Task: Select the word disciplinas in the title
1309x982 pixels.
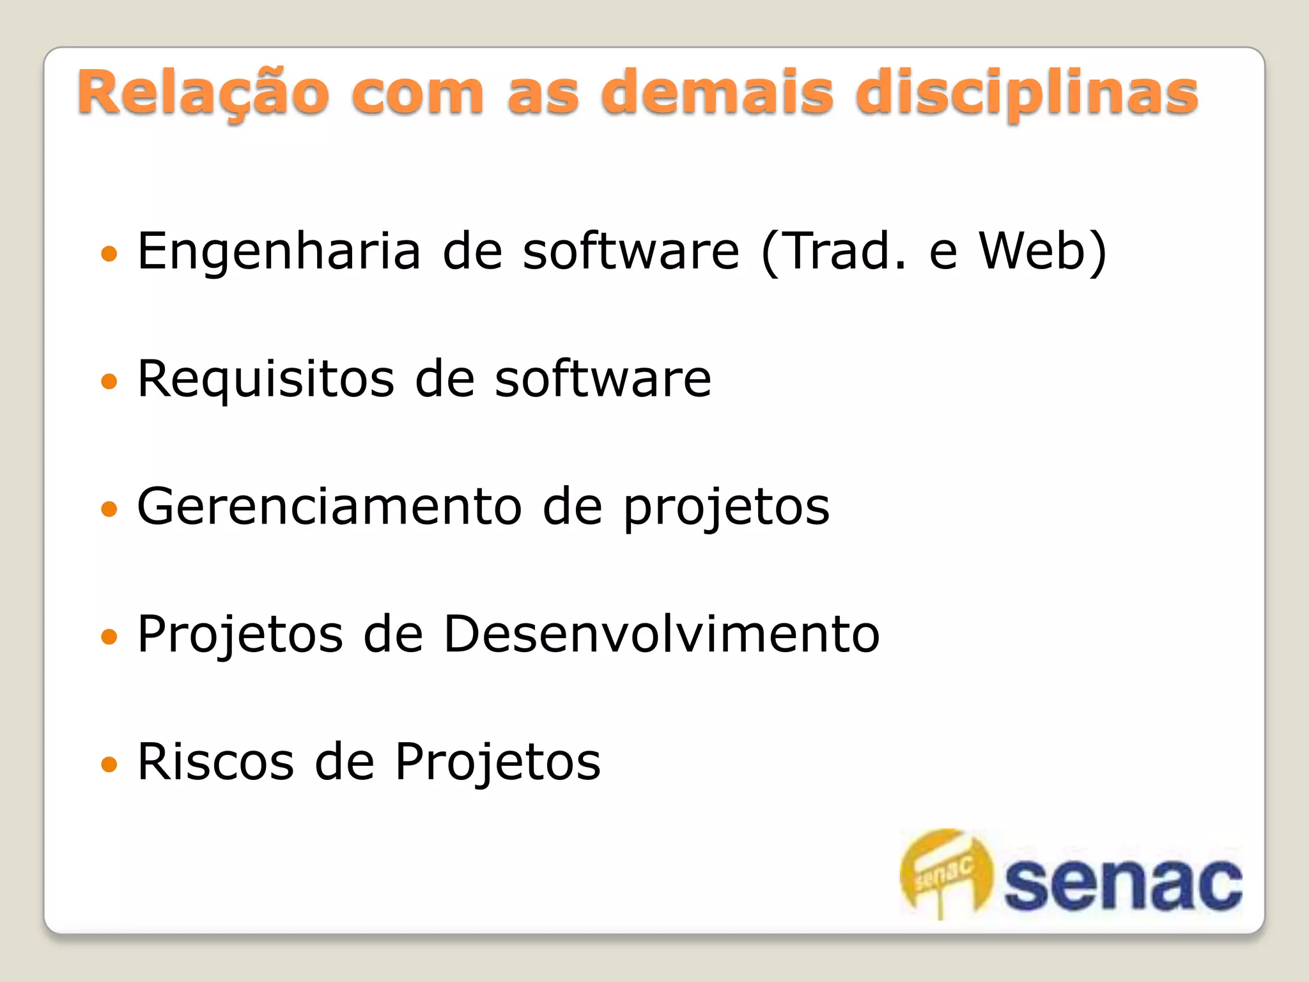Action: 1026,94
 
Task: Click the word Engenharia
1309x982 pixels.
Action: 279,251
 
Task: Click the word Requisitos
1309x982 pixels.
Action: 265,380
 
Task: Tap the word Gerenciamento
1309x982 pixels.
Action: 330,506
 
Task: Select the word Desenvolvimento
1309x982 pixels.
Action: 662,634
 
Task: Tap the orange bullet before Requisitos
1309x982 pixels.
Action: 109,382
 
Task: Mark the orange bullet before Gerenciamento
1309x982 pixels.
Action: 109,509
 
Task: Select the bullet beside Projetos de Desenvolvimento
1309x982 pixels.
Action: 109,637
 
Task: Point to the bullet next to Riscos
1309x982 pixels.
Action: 109,764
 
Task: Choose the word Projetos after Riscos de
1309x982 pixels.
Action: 498,761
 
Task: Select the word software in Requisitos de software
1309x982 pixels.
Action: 603,380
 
